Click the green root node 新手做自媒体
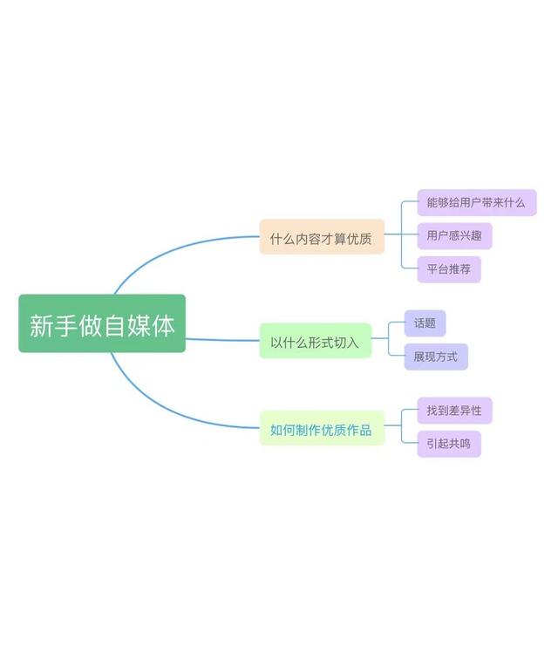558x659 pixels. coord(102,323)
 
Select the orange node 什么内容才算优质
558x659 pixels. coord(322,237)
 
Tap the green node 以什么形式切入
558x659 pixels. coord(315,342)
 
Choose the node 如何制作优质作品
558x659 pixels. coord(322,429)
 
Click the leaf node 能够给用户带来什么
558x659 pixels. coord(476,203)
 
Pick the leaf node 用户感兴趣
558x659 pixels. coord(454,235)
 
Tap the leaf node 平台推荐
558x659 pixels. coord(448,269)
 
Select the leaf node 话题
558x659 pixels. coord(425,323)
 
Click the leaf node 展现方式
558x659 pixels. coord(436,357)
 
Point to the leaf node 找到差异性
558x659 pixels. coord(454,411)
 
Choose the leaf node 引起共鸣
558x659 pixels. coord(448,444)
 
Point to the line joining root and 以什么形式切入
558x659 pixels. coord(222,340)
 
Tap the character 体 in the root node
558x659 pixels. coord(164,325)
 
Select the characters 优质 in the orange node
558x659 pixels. coord(360,238)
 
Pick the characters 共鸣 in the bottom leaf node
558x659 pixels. coord(459,444)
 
